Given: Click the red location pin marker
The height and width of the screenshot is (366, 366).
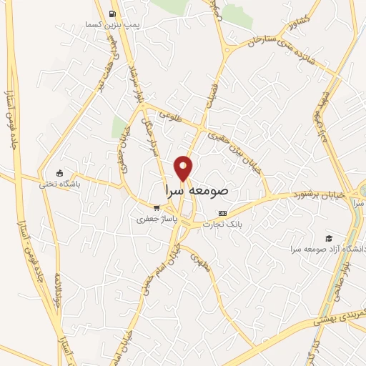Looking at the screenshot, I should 184,167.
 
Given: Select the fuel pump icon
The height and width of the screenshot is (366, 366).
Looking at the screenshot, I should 112,14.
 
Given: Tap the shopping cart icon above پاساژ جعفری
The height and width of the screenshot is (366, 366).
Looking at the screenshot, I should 156,208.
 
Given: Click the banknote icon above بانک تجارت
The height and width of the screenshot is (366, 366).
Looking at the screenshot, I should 222,213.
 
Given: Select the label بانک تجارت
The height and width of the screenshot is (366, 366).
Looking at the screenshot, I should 223,224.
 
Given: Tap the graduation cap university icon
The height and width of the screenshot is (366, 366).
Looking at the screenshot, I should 328,238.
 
